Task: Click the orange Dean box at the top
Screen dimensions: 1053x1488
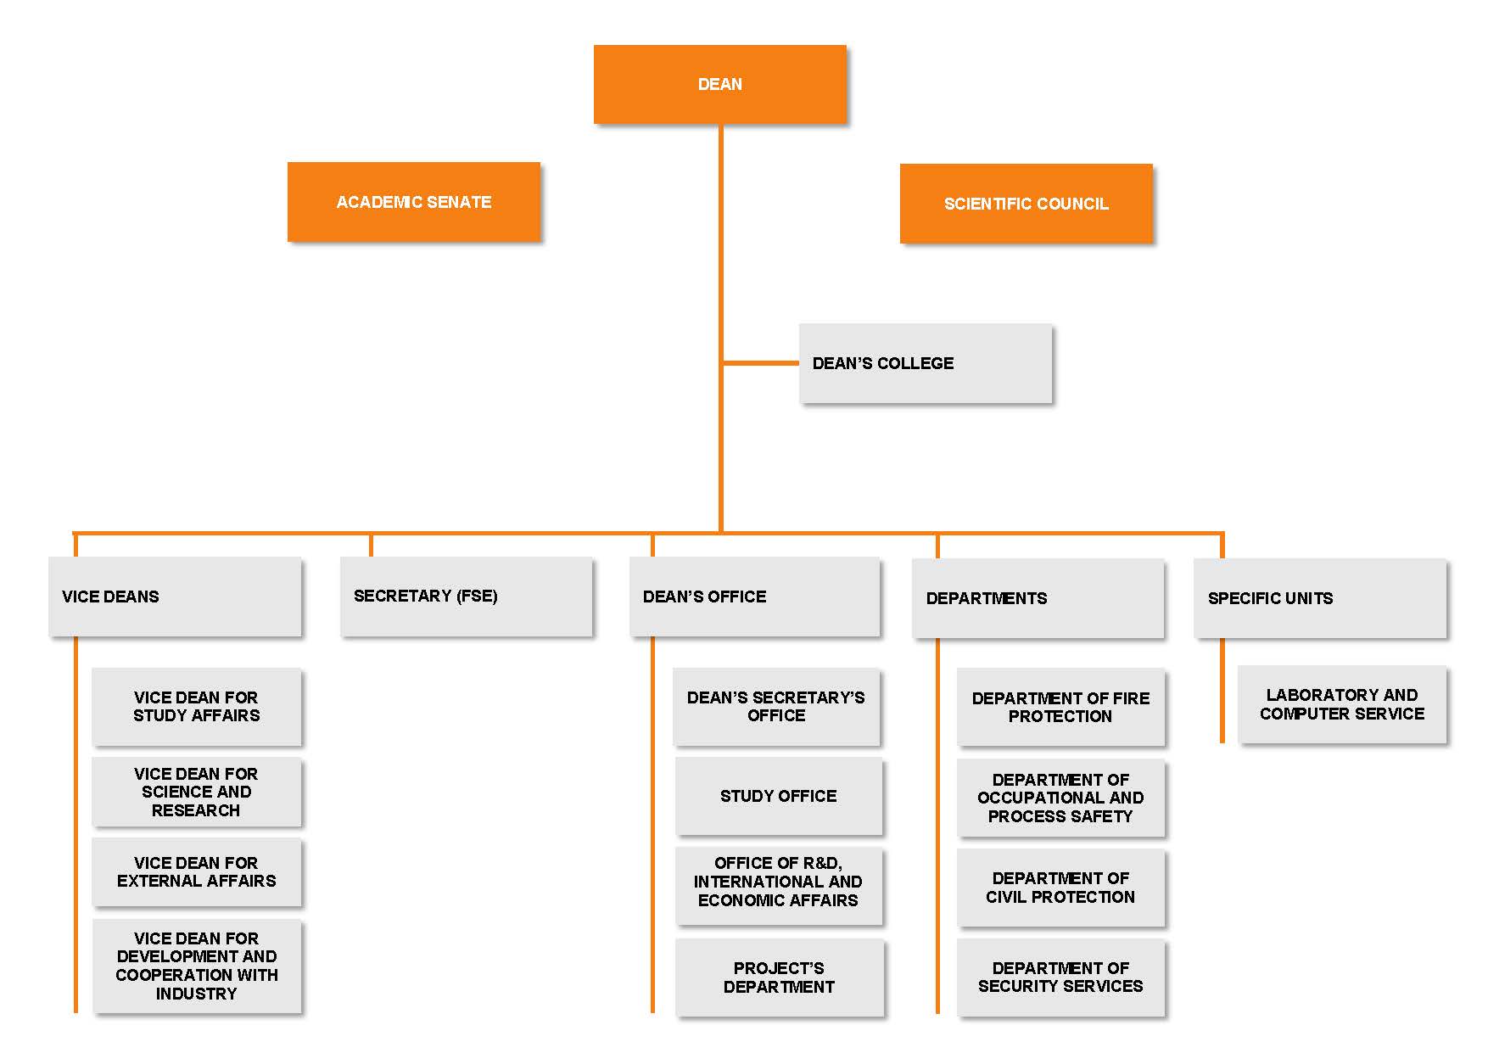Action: [x=719, y=84]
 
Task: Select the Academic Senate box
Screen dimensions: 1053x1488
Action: [x=414, y=202]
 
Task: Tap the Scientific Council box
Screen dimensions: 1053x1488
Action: [x=1026, y=204]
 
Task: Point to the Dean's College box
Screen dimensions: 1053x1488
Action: [x=925, y=363]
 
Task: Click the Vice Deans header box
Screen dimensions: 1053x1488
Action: [x=175, y=597]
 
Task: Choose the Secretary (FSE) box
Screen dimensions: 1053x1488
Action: [x=466, y=597]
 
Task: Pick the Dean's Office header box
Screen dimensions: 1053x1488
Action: [x=754, y=597]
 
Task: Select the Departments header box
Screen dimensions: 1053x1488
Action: [x=1038, y=598]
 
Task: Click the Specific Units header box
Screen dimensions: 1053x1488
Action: [x=1319, y=598]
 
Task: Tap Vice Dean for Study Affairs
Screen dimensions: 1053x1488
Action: [x=196, y=707]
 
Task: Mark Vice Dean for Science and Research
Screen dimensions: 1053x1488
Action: [x=196, y=792]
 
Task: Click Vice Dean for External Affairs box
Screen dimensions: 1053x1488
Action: [x=196, y=872]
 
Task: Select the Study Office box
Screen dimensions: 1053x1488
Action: [x=778, y=796]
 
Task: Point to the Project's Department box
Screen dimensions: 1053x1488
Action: [x=779, y=977]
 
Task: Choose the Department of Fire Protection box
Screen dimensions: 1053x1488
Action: [x=1060, y=707]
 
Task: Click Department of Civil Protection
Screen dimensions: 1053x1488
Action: [x=1060, y=888]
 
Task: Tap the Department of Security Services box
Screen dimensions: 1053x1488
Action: [x=1060, y=977]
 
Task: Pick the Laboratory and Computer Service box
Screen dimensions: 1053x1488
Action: [x=1341, y=704]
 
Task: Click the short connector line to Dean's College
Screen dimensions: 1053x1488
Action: [x=760, y=363]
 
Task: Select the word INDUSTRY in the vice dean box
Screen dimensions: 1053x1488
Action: [x=196, y=994]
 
